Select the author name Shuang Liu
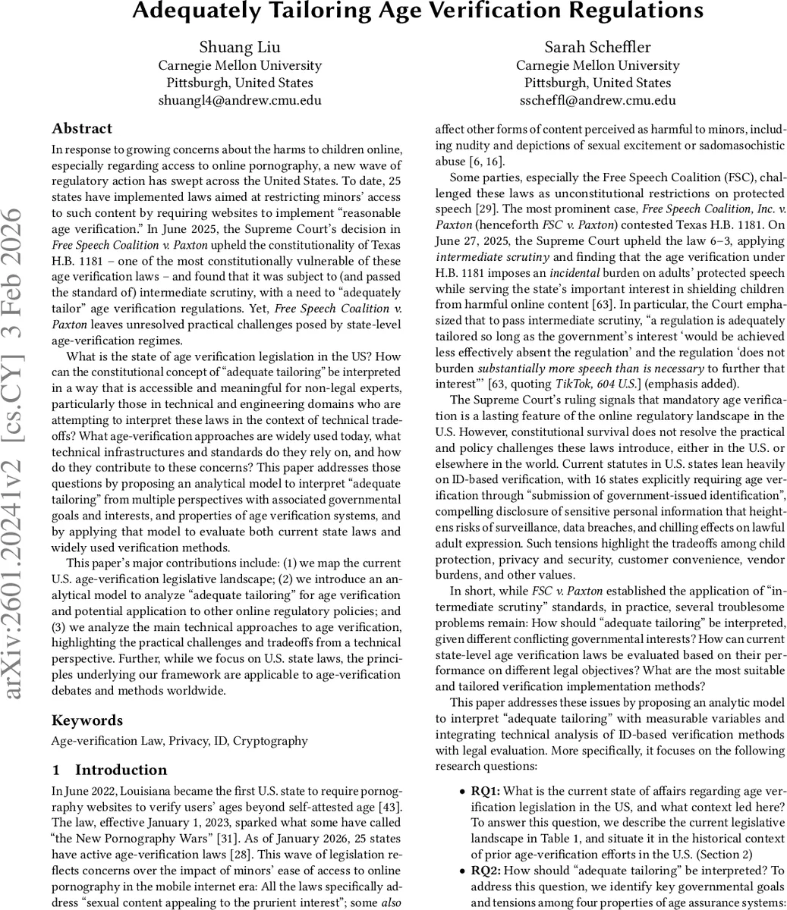pyautogui.click(x=239, y=47)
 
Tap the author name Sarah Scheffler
pyautogui.click(x=597, y=47)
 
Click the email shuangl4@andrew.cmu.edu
pyautogui.click(x=239, y=100)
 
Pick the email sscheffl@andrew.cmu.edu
pyautogui.click(x=597, y=100)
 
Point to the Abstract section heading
pyautogui.click(x=82, y=128)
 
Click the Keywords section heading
pyautogui.click(x=87, y=720)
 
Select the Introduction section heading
pyautogui.click(x=121, y=770)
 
